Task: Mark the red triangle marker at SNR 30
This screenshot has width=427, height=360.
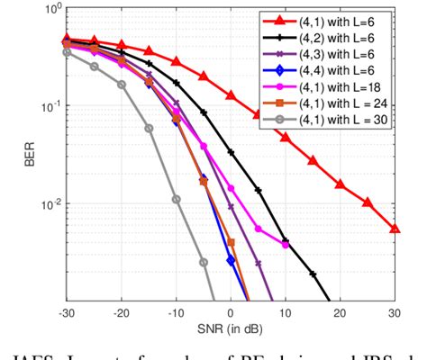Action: tap(395, 229)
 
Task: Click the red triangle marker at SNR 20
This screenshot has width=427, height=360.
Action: tap(341, 184)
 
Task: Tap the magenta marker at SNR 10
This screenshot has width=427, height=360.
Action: tap(286, 245)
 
